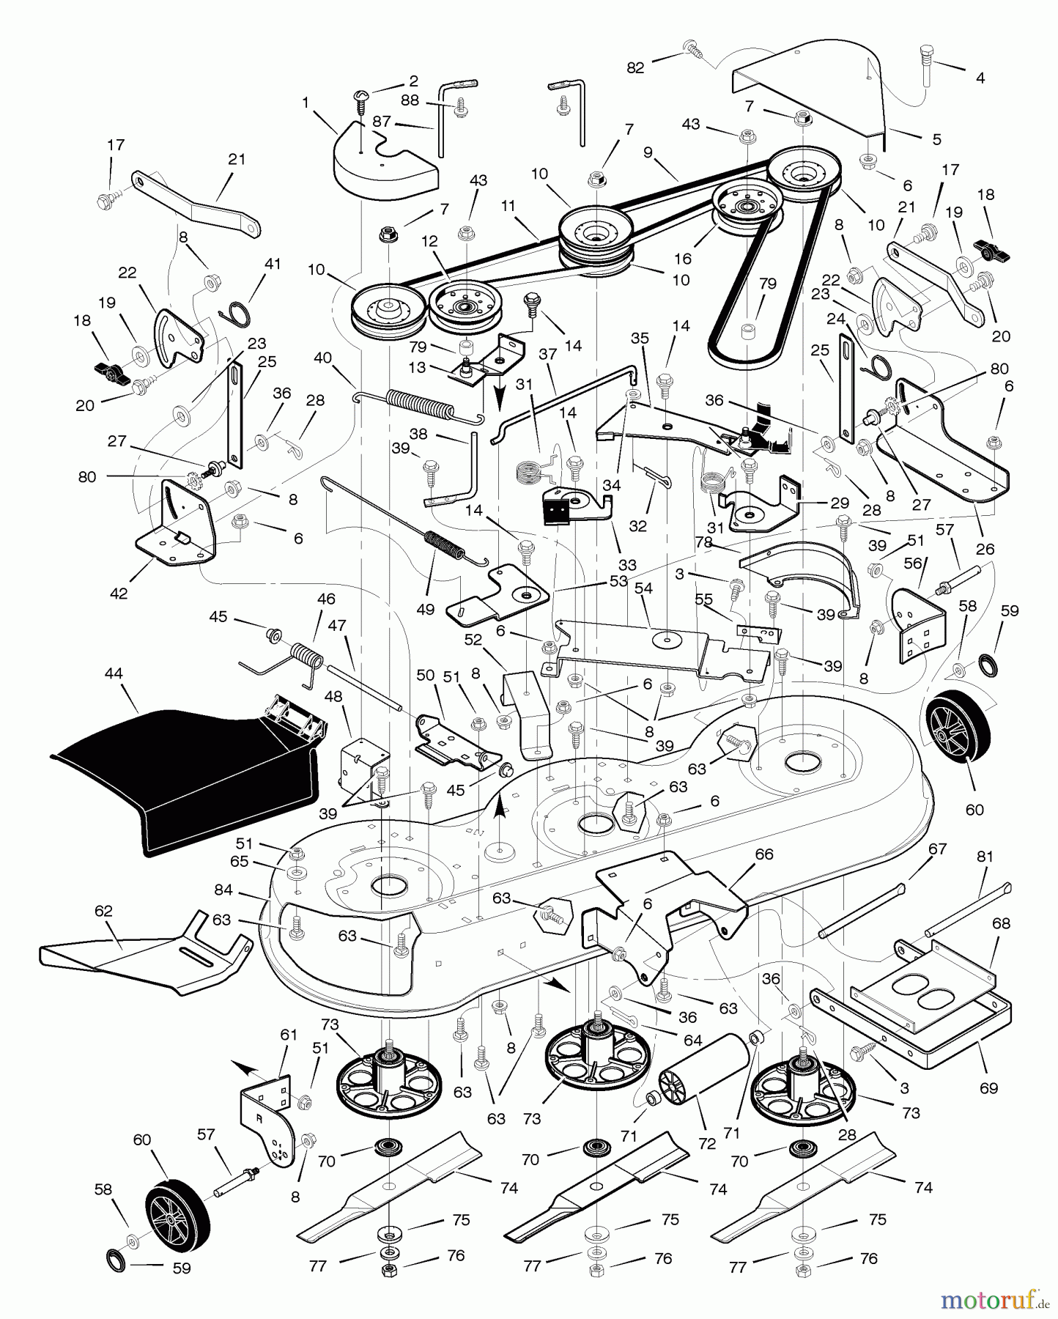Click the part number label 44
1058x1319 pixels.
click(114, 673)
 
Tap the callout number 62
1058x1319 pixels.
click(104, 911)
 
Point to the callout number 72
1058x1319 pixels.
click(706, 1143)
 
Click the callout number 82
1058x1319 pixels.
click(635, 67)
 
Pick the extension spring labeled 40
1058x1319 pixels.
click(421, 406)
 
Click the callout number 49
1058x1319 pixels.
click(425, 609)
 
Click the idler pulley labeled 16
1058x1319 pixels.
click(748, 205)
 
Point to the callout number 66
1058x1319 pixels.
click(764, 854)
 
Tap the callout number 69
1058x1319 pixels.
click(988, 1087)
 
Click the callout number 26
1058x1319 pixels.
click(985, 549)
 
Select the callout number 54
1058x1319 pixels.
click(643, 589)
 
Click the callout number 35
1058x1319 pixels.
click(640, 339)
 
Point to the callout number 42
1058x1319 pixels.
click(119, 594)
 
